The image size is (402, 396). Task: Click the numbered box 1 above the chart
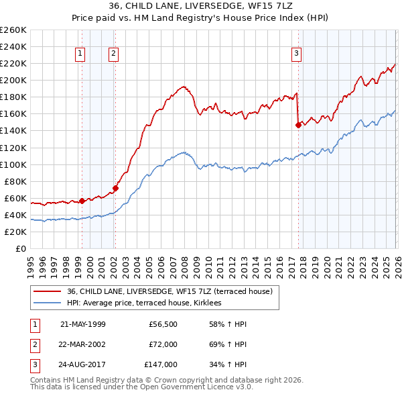(x=80, y=54)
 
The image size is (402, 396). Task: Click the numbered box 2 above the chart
(x=114, y=54)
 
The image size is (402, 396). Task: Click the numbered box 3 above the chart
(x=296, y=54)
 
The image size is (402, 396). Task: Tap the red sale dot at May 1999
(x=82, y=201)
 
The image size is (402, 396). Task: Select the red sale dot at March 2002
(x=115, y=188)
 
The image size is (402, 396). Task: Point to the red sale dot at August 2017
(x=298, y=124)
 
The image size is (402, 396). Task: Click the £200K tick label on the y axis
(x=13, y=80)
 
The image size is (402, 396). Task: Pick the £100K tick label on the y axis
(x=13, y=164)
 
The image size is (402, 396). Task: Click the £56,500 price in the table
(x=163, y=324)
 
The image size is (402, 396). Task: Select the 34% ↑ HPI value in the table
(x=228, y=364)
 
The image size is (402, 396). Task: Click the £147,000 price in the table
(x=161, y=364)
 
